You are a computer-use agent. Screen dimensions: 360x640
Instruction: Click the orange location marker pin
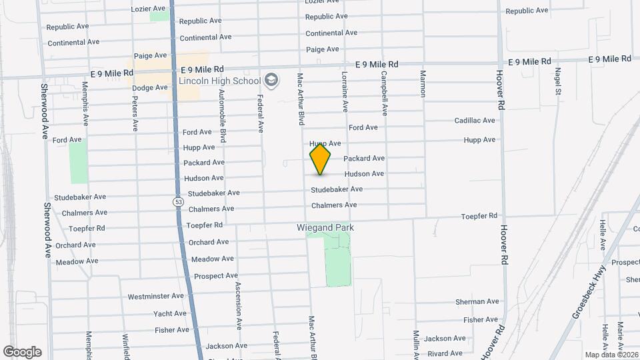[320, 158]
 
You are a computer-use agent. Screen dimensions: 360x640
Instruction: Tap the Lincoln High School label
[219, 81]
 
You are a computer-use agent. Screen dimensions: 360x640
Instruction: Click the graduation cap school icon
[271, 81]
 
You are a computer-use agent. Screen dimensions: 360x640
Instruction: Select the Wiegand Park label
[325, 227]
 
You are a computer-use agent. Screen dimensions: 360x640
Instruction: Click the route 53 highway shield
[177, 201]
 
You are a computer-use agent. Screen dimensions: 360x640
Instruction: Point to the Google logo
[22, 351]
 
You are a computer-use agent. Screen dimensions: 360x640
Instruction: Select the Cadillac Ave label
[475, 121]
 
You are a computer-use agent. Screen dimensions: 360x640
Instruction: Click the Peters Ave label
[135, 113]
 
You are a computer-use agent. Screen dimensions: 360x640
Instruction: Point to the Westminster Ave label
[155, 296]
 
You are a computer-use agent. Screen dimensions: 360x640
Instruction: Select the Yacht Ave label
[170, 313]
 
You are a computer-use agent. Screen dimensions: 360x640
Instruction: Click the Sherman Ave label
[477, 302]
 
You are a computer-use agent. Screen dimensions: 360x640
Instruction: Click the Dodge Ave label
[149, 88]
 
